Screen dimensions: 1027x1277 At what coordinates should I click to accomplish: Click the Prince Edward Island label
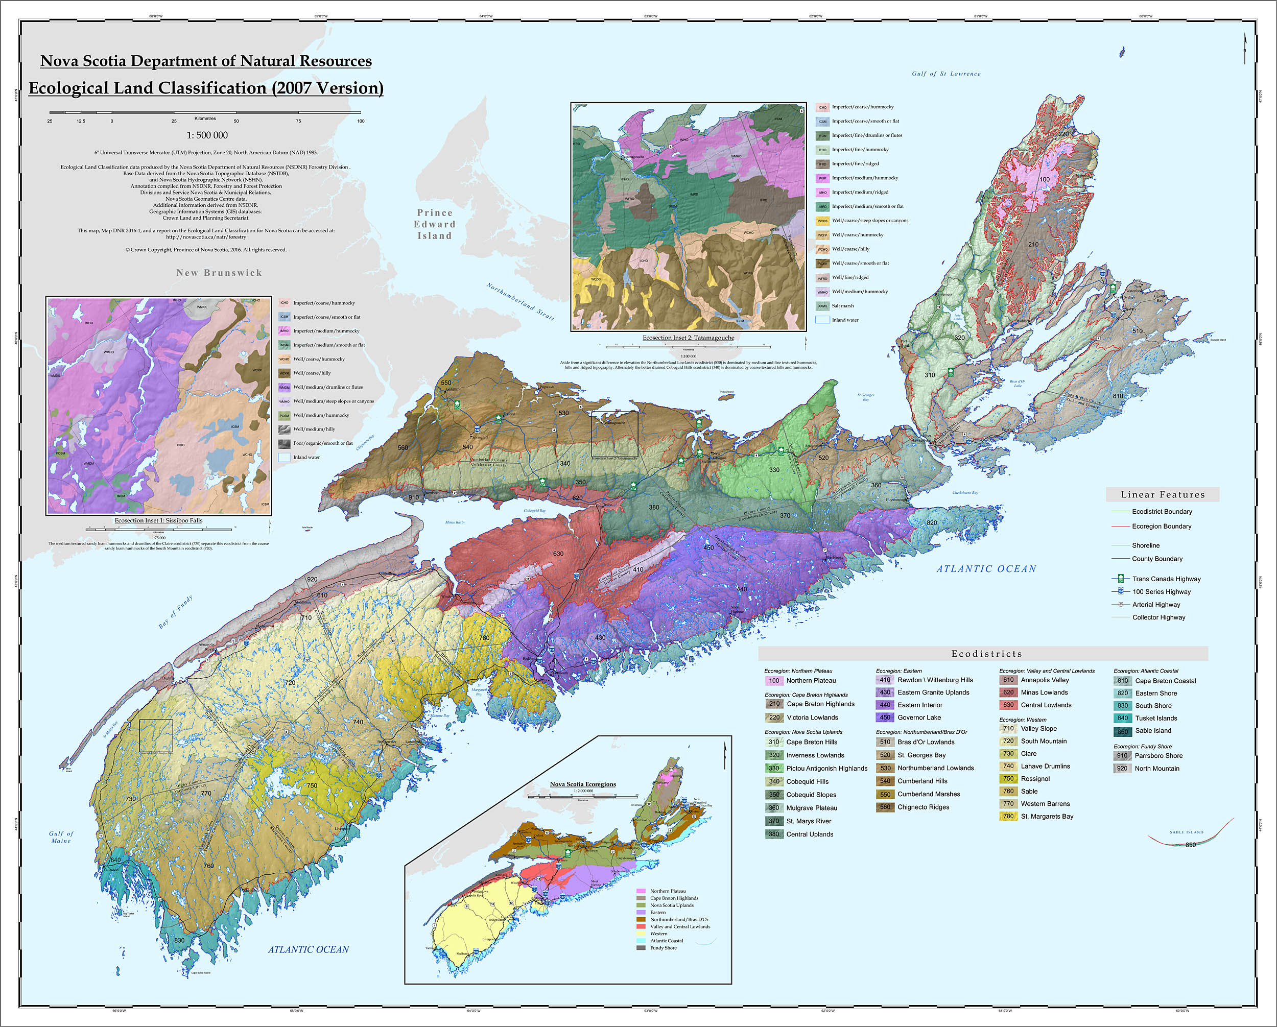click(x=435, y=225)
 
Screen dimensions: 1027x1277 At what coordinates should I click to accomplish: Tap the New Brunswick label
click(x=219, y=272)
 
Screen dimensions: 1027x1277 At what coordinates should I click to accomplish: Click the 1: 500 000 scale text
click(x=207, y=135)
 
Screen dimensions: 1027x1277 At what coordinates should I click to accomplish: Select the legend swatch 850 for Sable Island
click(x=1122, y=731)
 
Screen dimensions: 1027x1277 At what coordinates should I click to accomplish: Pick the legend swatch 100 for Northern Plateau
click(x=774, y=681)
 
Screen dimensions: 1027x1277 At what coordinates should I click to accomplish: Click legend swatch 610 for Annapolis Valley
click(x=1008, y=680)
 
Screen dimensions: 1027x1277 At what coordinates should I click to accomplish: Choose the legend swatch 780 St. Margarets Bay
click(x=1008, y=816)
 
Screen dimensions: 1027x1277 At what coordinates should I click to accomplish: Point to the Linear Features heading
click(x=1162, y=494)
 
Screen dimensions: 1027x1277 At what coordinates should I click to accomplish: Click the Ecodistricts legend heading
click(x=986, y=654)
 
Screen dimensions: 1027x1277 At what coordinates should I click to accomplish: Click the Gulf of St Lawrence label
click(x=946, y=74)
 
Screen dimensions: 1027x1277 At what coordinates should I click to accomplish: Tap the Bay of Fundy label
click(x=175, y=612)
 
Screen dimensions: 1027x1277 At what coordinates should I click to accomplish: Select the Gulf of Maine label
click(x=61, y=837)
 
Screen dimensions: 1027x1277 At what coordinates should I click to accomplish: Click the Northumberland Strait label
click(x=520, y=302)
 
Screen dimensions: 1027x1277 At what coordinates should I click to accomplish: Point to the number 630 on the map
click(x=558, y=554)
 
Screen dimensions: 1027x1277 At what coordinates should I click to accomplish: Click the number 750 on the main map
click(x=312, y=785)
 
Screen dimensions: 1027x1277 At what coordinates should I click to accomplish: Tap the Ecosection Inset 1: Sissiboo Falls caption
click(x=158, y=520)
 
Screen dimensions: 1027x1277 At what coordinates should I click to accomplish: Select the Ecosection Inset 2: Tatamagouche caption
click(x=688, y=338)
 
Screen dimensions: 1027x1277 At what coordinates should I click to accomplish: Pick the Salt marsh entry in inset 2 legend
click(x=842, y=305)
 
